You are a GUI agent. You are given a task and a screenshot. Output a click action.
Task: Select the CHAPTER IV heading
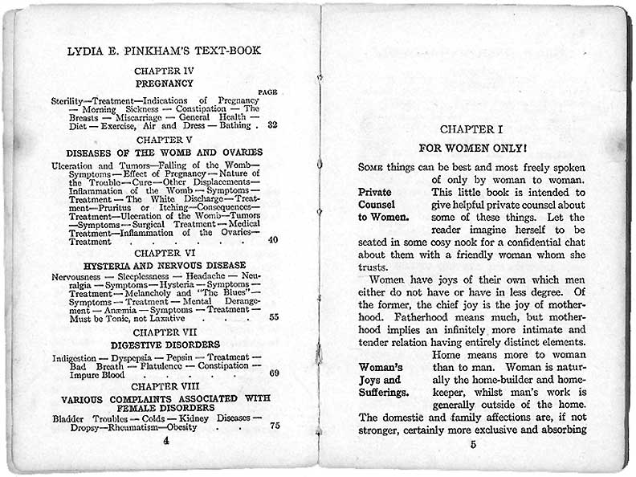click(x=164, y=71)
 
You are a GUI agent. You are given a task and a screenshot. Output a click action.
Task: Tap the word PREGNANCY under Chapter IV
click(x=164, y=83)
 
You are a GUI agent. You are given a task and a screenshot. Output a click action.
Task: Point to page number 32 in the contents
click(x=272, y=125)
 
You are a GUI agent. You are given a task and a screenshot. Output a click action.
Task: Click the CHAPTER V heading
click(x=164, y=140)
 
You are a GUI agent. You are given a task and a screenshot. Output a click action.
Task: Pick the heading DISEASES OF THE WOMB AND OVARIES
click(x=164, y=153)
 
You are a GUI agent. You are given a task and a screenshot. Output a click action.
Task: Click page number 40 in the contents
click(x=272, y=240)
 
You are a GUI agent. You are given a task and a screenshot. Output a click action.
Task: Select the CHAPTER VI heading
click(x=164, y=253)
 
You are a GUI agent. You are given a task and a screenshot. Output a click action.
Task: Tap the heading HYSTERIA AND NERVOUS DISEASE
click(x=164, y=265)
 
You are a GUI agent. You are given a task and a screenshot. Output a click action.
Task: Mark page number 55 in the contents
click(x=273, y=317)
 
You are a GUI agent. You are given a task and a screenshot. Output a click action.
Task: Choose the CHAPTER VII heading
click(x=164, y=332)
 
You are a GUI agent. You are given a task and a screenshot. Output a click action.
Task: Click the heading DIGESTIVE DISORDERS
click(x=164, y=344)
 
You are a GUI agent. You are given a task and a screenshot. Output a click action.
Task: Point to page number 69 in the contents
click(x=273, y=373)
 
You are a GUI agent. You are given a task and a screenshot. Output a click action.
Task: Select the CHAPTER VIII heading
click(x=164, y=385)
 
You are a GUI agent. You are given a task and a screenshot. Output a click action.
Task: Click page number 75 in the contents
click(x=274, y=426)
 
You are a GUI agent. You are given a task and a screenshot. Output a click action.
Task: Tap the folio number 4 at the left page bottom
click(x=165, y=441)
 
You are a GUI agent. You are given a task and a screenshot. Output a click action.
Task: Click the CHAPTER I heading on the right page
click(x=473, y=129)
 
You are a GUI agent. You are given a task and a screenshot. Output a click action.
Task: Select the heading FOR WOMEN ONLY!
click(x=473, y=149)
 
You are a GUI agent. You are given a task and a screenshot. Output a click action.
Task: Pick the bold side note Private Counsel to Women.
click(x=383, y=205)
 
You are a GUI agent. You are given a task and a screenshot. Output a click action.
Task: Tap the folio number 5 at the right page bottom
click(x=474, y=444)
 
